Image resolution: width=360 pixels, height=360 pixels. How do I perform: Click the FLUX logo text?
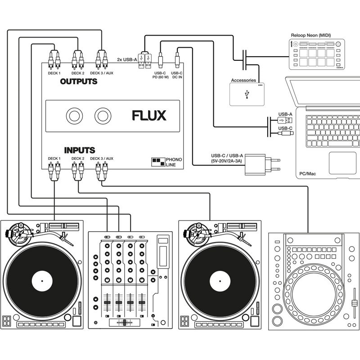(x=149, y=116)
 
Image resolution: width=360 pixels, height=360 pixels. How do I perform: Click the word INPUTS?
(x=79, y=150)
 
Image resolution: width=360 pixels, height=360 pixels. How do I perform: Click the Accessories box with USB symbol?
(x=247, y=94)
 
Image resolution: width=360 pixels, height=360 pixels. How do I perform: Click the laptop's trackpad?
(x=342, y=162)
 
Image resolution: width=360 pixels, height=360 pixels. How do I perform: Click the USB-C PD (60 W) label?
(x=161, y=75)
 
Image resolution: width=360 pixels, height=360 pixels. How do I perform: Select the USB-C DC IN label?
(x=177, y=75)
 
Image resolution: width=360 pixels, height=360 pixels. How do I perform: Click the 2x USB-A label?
(x=126, y=59)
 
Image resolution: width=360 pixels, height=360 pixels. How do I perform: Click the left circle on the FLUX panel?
(x=74, y=116)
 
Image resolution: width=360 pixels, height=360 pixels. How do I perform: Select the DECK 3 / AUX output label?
(x=102, y=73)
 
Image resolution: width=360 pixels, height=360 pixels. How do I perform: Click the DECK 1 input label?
(x=54, y=158)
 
